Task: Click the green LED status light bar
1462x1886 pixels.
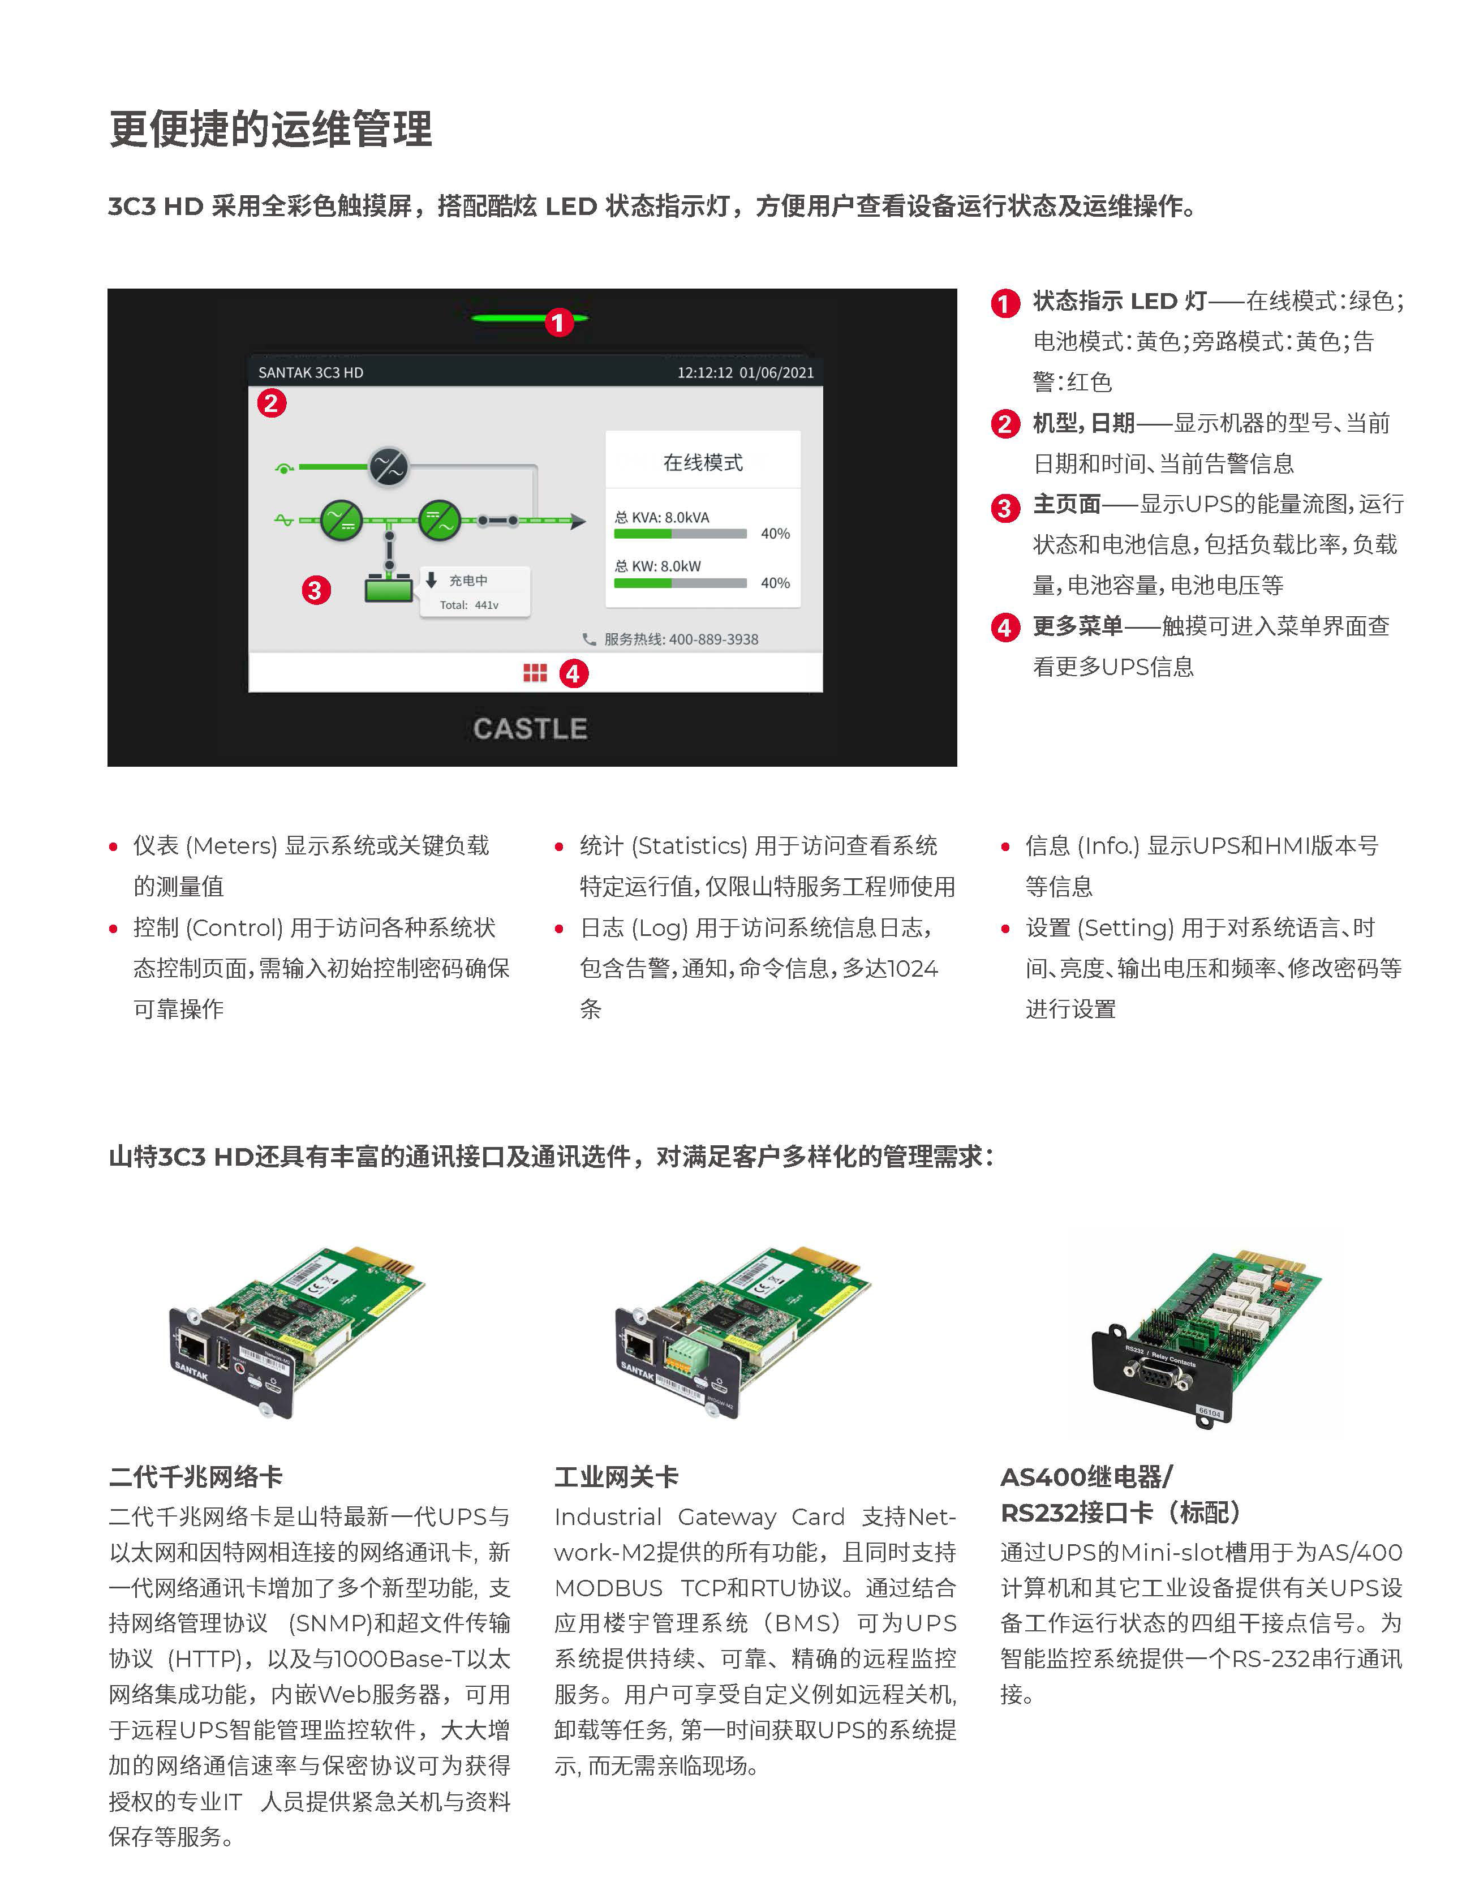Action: pos(518,319)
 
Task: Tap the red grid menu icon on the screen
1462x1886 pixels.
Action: pos(535,673)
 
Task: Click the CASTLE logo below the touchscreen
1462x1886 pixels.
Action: pos(530,728)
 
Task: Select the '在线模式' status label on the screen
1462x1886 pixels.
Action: pos(703,463)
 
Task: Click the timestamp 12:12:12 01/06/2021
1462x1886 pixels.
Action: pos(745,372)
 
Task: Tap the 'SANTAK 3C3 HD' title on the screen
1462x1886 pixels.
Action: pos(311,372)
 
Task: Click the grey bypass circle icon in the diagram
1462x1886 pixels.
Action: pos(389,467)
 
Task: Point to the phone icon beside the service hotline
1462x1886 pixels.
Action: pos(589,639)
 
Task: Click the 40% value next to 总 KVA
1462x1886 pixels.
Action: pos(775,534)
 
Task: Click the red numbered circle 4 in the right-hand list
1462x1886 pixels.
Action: pos(1004,627)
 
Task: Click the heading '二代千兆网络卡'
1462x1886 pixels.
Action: pos(196,1477)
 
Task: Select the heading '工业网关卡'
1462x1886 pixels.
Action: pos(617,1477)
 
